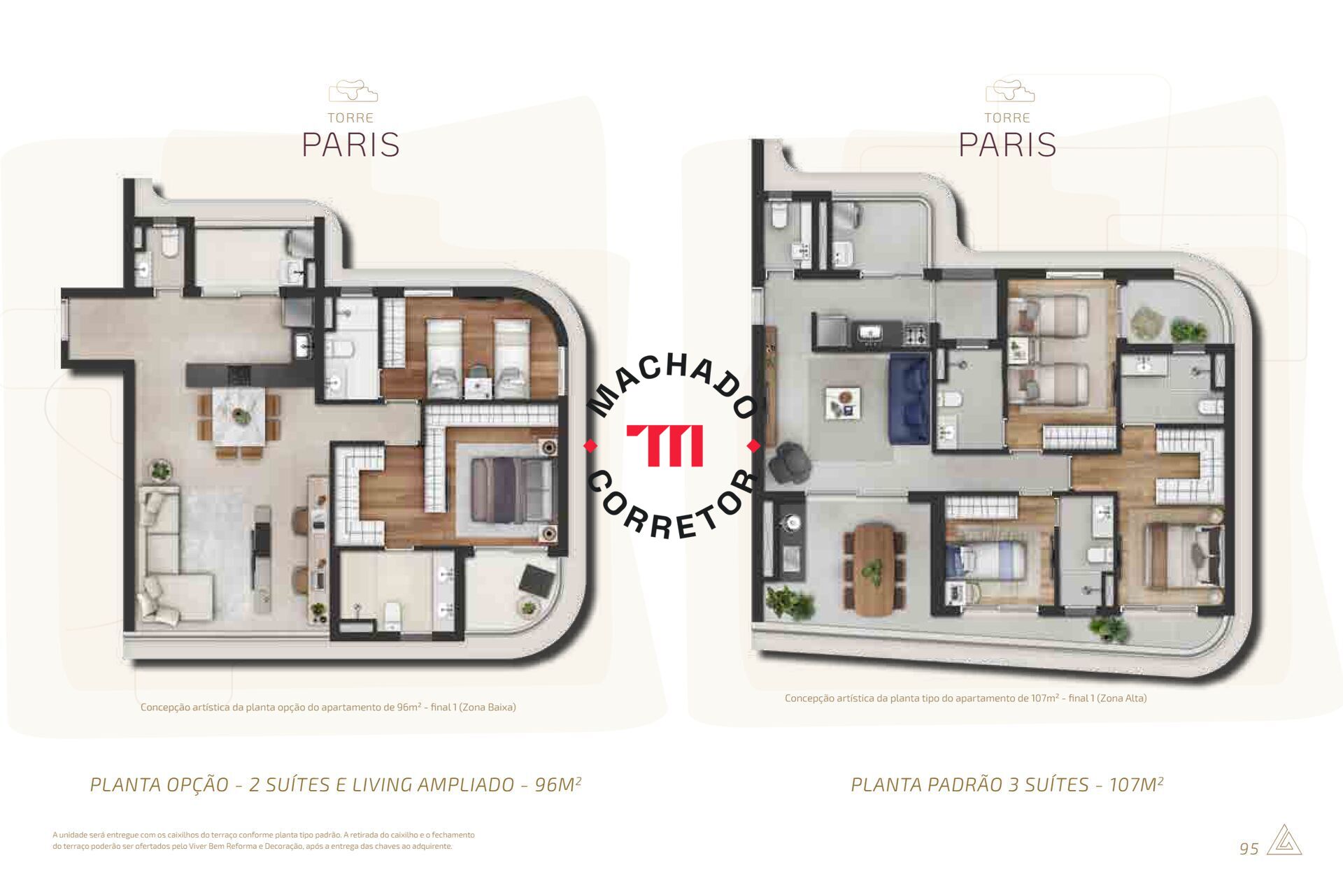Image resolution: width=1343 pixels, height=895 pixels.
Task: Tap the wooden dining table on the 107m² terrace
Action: (x=874, y=569)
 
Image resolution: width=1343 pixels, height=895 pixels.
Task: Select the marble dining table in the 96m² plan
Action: (x=239, y=417)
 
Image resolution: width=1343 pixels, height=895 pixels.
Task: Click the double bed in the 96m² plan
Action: (x=504, y=489)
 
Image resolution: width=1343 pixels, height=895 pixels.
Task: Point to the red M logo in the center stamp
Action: (x=665, y=445)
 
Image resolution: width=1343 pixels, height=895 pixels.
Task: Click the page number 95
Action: (x=1249, y=848)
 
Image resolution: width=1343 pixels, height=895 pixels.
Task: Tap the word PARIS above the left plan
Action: (x=350, y=144)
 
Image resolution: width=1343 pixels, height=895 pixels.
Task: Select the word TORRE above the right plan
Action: (x=1007, y=117)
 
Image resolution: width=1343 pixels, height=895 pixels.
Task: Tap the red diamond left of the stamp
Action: (x=590, y=445)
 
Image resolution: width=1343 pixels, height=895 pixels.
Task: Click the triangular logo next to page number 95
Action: (x=1284, y=840)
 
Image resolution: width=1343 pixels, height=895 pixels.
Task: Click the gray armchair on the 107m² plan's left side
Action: (x=788, y=462)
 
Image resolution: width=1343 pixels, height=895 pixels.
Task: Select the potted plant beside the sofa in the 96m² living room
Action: (x=161, y=470)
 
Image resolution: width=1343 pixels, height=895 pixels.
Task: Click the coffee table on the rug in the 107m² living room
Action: (x=843, y=403)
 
